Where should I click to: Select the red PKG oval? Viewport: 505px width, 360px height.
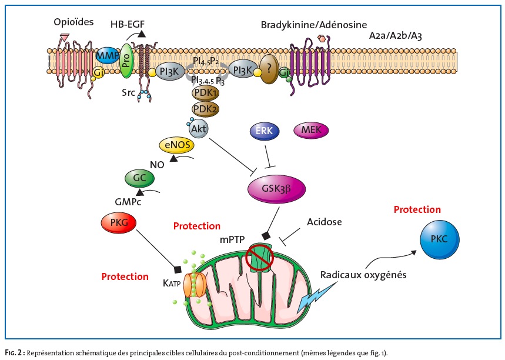[x=119, y=223]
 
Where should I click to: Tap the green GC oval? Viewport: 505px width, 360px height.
[x=139, y=177]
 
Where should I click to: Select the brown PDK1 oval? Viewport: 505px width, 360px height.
[x=204, y=94]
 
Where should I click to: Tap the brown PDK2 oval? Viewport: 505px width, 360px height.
[x=204, y=108]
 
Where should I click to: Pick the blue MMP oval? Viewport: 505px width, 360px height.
[x=107, y=56]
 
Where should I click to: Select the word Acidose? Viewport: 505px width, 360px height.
[x=324, y=221]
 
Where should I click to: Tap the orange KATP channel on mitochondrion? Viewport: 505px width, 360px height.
[x=195, y=284]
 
